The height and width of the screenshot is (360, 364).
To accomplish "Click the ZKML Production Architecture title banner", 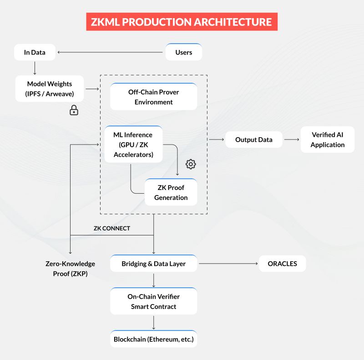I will click(x=182, y=21).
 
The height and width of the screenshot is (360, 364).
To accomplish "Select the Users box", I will click(x=183, y=52).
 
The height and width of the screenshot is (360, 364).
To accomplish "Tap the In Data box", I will click(x=35, y=52).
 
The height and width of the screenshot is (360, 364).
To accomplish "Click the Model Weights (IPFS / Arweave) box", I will click(x=49, y=89).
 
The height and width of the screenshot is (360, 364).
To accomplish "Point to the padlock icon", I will click(x=73, y=110).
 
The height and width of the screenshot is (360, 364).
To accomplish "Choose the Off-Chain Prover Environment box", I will click(x=153, y=97).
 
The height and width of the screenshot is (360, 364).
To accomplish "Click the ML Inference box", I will click(x=133, y=145).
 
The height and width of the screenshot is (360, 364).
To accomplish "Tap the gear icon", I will click(x=191, y=164).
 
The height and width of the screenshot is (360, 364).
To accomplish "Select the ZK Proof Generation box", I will click(x=171, y=192).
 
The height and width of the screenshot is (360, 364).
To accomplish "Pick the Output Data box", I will click(x=253, y=140).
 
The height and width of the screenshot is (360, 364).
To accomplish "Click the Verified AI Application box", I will click(x=327, y=140).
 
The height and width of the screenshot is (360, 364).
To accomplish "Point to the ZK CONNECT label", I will click(x=111, y=228).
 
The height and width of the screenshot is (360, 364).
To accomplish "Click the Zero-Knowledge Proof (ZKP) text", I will click(x=70, y=269).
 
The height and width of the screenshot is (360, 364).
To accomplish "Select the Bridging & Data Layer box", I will click(x=153, y=264).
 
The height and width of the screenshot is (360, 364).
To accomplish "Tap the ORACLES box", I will click(x=282, y=264).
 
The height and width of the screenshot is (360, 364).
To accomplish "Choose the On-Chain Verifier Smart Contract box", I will click(x=153, y=301).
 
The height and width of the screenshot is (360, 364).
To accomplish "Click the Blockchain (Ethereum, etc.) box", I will click(x=153, y=339).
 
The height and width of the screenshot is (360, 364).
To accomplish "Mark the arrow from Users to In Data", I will click(x=110, y=52).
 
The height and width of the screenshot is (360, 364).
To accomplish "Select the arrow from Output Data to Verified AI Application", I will click(x=291, y=140).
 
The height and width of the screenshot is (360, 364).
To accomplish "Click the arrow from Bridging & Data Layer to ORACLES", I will click(x=227, y=264).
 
